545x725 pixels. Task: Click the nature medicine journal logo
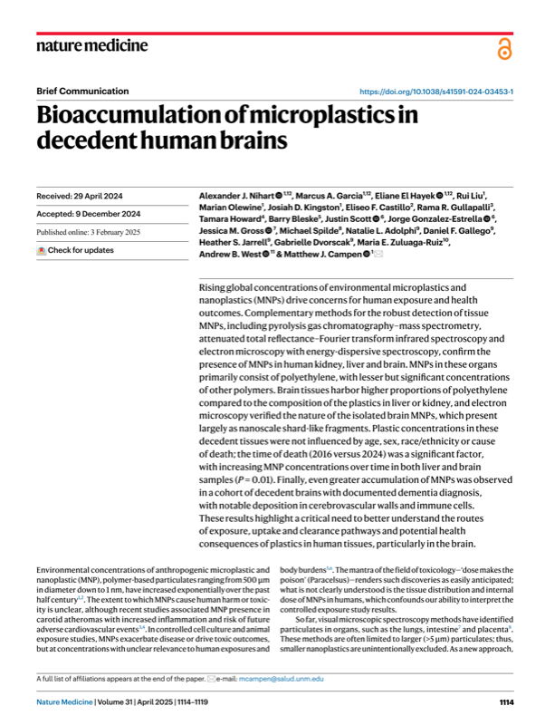tap(91, 46)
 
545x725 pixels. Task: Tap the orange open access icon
tap(504, 49)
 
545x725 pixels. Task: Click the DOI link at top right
tap(437, 92)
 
